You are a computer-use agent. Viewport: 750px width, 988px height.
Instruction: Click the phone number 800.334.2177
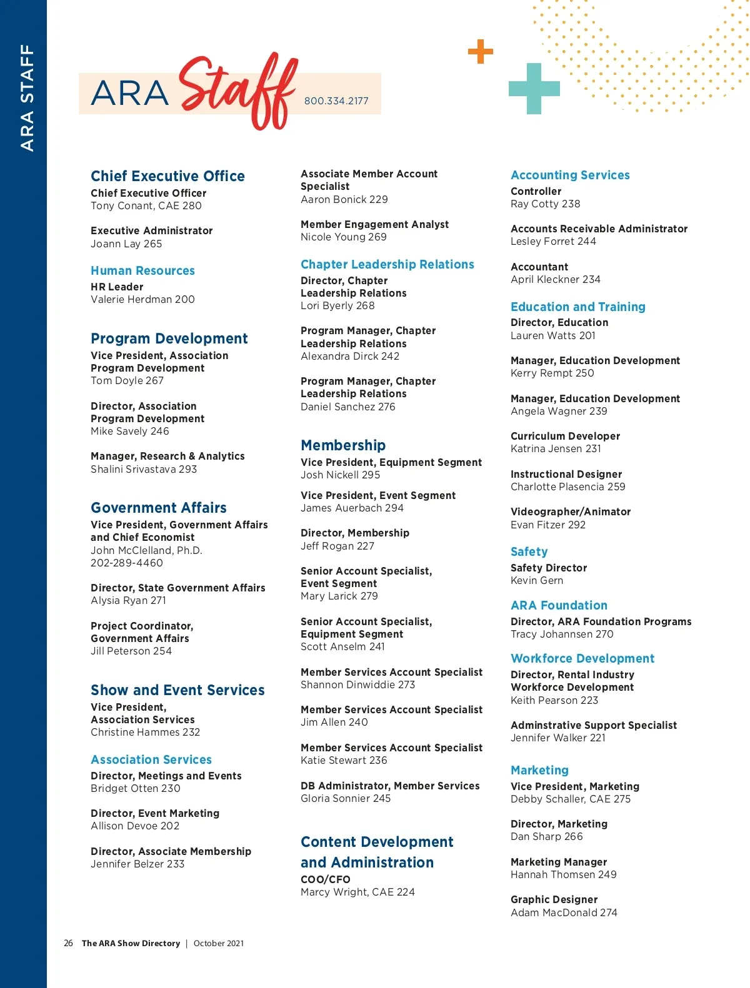(x=336, y=101)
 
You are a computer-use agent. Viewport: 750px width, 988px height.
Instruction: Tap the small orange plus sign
(x=481, y=51)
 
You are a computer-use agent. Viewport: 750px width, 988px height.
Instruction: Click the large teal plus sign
(x=534, y=89)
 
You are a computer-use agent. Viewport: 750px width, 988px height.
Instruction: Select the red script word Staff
(x=237, y=91)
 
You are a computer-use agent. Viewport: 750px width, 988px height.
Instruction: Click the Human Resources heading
(x=142, y=270)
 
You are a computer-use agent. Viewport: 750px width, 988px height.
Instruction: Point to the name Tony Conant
(x=122, y=206)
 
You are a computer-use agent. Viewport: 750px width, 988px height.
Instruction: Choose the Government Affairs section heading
(x=159, y=508)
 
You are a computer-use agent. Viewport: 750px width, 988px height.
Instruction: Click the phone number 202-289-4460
(x=127, y=563)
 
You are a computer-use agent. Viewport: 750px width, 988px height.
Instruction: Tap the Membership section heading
(x=343, y=445)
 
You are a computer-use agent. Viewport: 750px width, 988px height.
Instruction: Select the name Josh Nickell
(x=330, y=475)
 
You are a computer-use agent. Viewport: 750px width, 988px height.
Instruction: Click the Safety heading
(x=529, y=551)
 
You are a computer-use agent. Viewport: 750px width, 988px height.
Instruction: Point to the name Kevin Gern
(x=537, y=581)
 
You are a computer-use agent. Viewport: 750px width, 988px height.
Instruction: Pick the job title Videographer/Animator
(x=571, y=511)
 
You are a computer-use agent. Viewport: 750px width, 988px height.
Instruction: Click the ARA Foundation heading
(x=559, y=605)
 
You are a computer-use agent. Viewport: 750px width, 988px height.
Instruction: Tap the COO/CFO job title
(x=325, y=879)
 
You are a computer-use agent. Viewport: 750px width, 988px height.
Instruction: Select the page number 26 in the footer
(x=68, y=943)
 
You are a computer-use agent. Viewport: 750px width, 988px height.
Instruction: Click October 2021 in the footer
(x=219, y=943)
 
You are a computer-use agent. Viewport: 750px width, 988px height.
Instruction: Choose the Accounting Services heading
(x=570, y=175)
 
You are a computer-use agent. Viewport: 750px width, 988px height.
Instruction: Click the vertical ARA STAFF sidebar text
(x=27, y=97)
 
